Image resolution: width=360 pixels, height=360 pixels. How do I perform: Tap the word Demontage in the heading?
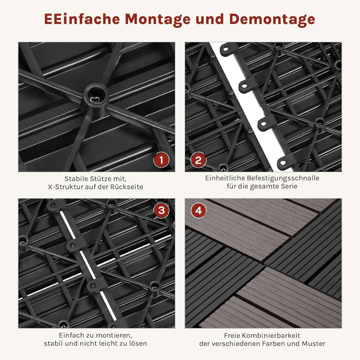[x=272, y=19]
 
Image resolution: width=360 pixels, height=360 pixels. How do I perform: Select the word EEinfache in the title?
[x=82, y=19]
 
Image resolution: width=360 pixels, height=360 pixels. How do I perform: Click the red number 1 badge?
[x=161, y=160]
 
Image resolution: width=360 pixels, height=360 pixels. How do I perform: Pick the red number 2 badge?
[x=198, y=160]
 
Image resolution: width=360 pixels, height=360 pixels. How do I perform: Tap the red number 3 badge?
[x=161, y=210]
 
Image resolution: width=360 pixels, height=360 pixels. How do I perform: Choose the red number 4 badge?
[x=199, y=210]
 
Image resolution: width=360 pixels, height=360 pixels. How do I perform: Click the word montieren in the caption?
[x=114, y=335]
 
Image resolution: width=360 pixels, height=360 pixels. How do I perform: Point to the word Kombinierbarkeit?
[x=271, y=336]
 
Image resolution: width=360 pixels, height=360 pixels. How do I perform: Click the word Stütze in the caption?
[x=100, y=179]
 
